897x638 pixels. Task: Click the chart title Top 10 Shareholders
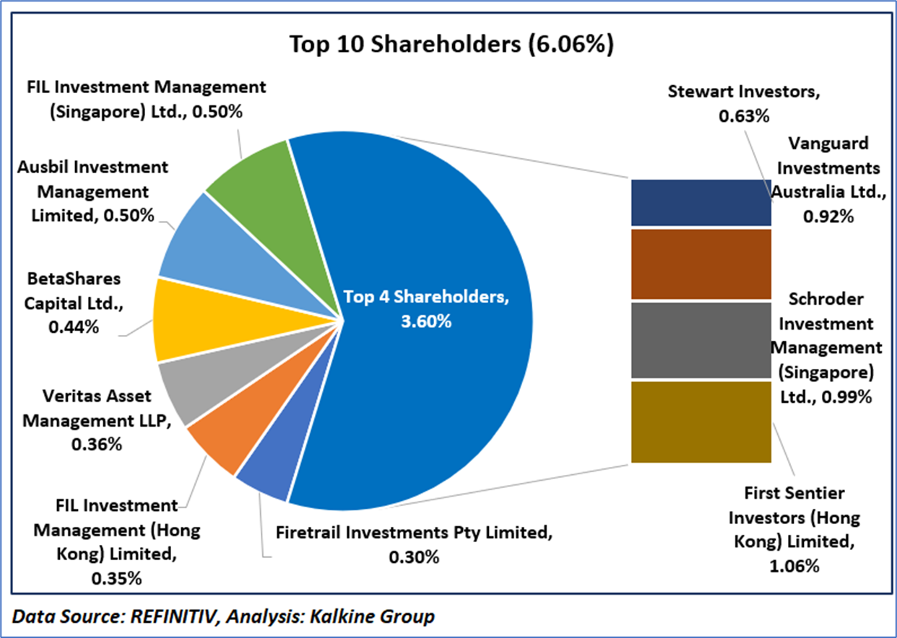[x=451, y=45]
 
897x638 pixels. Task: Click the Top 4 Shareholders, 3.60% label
[x=426, y=307]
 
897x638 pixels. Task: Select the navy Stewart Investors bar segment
[x=701, y=203]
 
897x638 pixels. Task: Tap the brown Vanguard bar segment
[x=701, y=264]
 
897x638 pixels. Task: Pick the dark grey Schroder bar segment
[x=701, y=340]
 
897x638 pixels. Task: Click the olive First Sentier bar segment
[x=701, y=422]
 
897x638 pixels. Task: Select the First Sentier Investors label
[x=794, y=530]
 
